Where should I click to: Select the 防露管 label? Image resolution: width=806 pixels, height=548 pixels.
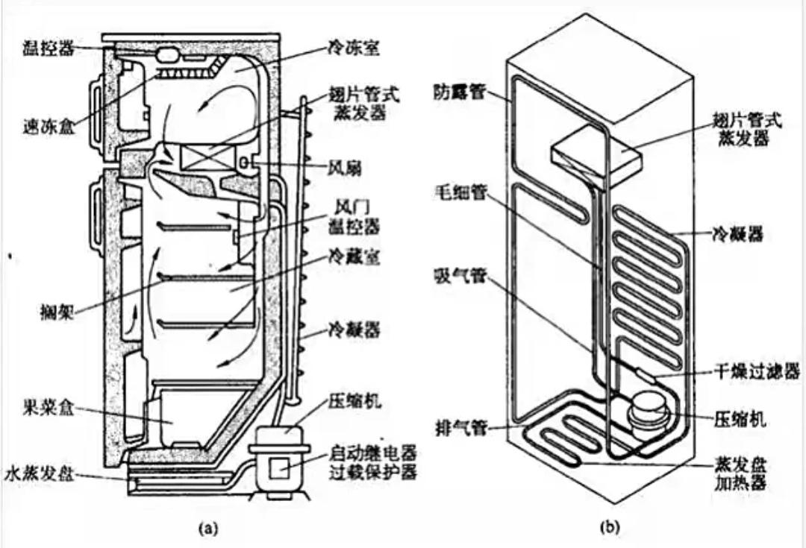pyautogui.click(x=458, y=93)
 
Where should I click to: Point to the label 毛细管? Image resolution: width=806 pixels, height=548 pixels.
pyautogui.click(x=458, y=192)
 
